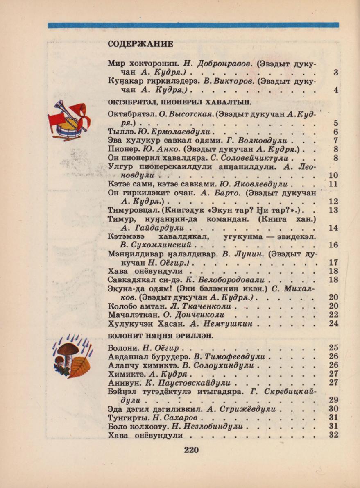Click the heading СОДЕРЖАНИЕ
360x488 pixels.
point(140,44)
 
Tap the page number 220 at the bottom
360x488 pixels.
point(191,450)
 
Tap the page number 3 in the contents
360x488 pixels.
point(336,73)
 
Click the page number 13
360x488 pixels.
point(333,210)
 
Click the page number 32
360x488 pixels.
point(333,435)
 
